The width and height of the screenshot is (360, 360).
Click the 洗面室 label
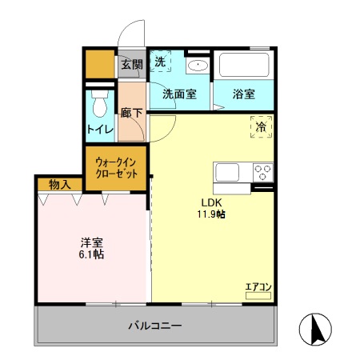[x=179, y=94]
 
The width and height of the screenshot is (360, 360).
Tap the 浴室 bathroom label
[x=243, y=94]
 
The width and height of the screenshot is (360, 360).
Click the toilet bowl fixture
[x=100, y=106]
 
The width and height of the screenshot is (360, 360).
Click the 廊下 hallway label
[x=133, y=114]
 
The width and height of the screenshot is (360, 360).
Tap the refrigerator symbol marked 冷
[x=260, y=126]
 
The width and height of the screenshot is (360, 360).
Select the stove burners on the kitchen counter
[x=262, y=172]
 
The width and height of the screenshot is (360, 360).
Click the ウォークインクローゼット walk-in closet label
[x=116, y=169]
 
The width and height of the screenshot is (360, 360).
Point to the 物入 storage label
[x=59, y=185]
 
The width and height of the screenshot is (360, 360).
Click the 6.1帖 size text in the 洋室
[x=90, y=254]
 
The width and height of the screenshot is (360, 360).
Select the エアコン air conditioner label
[x=258, y=286]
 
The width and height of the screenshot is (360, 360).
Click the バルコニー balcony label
[x=155, y=326]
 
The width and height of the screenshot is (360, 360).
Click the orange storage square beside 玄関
[x=100, y=64]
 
